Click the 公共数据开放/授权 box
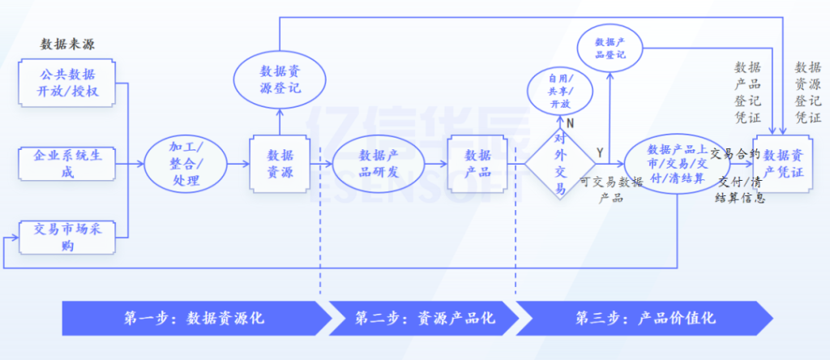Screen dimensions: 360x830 coord(67,83)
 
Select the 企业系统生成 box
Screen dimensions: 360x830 coord(67,163)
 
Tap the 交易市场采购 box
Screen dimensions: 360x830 coord(67,236)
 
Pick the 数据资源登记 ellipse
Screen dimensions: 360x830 coord(280,79)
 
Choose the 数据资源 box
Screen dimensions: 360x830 coord(280,163)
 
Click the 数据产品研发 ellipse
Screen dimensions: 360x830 coord(379,163)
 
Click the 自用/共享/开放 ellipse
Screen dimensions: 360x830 coord(560,92)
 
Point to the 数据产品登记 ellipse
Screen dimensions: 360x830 coord(609,48)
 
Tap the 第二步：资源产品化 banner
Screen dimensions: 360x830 coord(423,318)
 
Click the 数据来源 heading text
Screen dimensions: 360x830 coord(67,44)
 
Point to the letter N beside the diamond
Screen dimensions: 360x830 coord(570,123)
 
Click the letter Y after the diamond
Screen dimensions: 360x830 coord(600,152)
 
